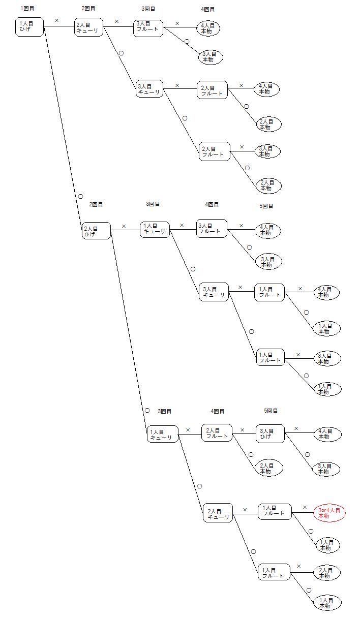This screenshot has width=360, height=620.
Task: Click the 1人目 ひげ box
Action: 29,26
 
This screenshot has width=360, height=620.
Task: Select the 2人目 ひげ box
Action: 96,231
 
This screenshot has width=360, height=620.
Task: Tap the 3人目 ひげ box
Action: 270,433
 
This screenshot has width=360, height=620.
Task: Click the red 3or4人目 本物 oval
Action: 329,513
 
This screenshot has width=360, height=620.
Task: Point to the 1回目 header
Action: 27,9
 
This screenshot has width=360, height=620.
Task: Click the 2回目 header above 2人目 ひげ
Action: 96,204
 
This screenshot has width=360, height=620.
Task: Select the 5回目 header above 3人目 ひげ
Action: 271,411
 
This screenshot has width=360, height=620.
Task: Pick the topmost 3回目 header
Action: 148,9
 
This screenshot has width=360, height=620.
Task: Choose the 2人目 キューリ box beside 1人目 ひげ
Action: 89,27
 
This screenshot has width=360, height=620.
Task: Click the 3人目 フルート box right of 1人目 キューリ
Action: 212,228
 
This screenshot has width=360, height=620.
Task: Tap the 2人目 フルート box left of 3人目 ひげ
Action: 217,433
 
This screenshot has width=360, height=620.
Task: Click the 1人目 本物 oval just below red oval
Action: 328,545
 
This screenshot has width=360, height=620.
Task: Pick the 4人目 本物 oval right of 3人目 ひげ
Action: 328,435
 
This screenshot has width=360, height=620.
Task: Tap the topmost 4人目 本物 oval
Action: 208,28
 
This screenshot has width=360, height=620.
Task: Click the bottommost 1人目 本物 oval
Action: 327,603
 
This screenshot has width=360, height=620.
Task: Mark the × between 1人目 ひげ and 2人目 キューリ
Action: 56,21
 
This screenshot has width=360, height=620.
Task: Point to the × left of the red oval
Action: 305,507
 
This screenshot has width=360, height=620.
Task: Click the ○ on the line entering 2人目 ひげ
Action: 80,196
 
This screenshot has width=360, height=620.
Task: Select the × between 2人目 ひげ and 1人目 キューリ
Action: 124,226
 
